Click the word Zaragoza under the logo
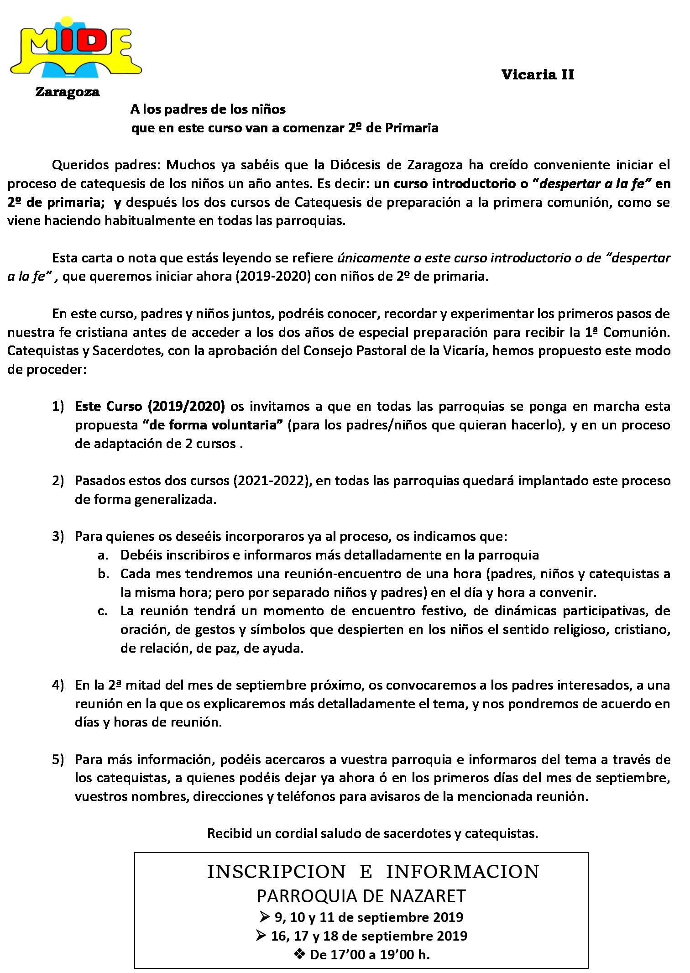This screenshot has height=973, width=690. click(x=68, y=92)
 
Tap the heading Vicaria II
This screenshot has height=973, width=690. click(x=538, y=75)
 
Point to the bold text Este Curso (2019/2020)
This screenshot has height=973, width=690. click(x=150, y=406)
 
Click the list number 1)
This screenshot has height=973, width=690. click(x=58, y=406)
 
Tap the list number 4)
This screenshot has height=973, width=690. click(x=58, y=685)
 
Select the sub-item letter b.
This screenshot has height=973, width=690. click(x=103, y=574)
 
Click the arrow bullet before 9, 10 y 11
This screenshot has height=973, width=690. click(x=265, y=917)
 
